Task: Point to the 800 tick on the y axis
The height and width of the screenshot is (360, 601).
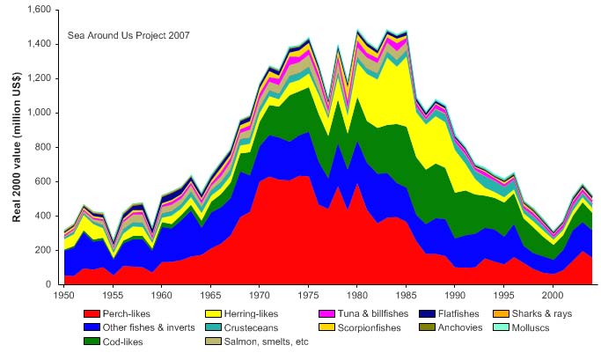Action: (44, 147)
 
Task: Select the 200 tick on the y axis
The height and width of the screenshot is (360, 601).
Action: (44, 250)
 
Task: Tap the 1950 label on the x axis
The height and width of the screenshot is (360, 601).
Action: (63, 294)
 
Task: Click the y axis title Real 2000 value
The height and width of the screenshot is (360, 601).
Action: (15, 147)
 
